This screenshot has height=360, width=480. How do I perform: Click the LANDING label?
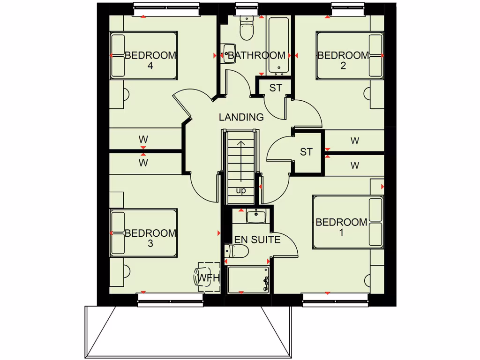click(x=241, y=117)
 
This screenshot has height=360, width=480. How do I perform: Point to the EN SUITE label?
click(x=257, y=240)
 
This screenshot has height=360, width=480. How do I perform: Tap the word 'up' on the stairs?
click(x=241, y=191)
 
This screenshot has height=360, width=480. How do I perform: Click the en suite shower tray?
click(x=248, y=280)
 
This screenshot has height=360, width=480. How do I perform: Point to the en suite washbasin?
click(x=256, y=216)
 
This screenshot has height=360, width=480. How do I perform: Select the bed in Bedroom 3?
click(x=143, y=233)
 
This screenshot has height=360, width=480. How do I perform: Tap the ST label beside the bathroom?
click(x=276, y=88)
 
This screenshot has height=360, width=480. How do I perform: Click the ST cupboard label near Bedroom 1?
click(x=306, y=152)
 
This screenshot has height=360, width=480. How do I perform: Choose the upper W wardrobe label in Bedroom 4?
click(x=143, y=139)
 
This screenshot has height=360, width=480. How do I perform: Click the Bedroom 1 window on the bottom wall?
click(x=335, y=300)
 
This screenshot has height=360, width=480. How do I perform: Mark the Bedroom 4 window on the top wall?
click(x=166, y=9)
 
